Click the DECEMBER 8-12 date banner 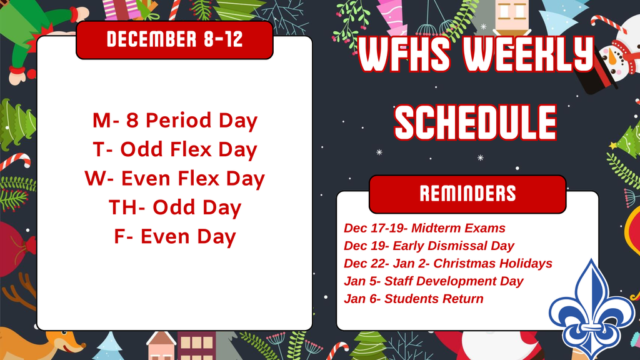(174, 39)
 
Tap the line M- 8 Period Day (174, 121)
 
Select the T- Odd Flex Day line (174, 150)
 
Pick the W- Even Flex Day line (174, 179)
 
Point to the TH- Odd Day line (174, 207)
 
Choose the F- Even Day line (174, 237)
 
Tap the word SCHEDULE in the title (476, 122)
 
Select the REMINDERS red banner (467, 194)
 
